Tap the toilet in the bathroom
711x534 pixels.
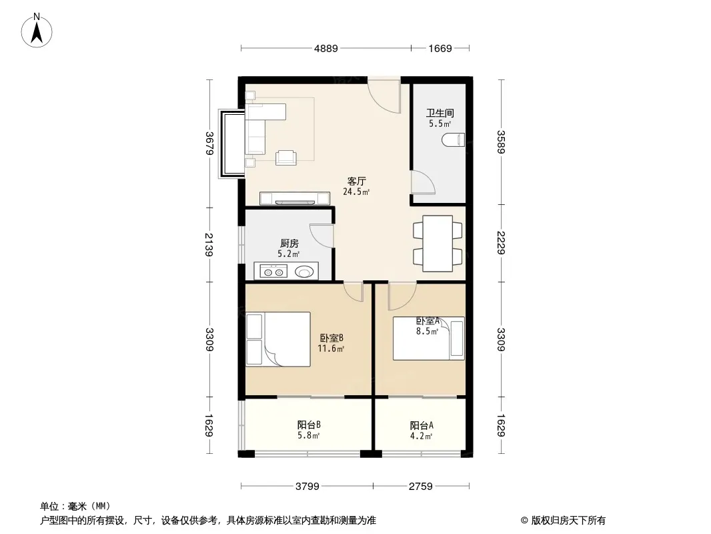coord(454,140)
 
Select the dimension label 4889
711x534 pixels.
coord(326,48)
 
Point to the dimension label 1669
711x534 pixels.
coord(440,48)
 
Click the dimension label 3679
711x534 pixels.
coord(209,143)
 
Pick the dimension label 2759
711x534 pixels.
coord(420,487)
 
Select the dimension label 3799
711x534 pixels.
coord(307,487)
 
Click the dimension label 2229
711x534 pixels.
coord(501,243)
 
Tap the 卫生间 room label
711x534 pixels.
coord(440,113)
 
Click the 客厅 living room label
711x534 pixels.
coord(356,182)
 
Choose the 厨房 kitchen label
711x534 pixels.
coord(289,244)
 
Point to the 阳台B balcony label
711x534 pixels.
coord(309,425)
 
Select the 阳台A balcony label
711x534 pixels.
coord(422,426)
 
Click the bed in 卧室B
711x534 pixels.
coord(278,339)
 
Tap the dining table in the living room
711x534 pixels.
coord(438,244)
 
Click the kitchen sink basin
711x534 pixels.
coord(303,272)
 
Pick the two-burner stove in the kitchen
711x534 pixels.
coord(273,272)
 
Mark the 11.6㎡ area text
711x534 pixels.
coord(331,348)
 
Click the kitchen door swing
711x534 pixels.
coord(321,236)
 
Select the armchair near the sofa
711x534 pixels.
coord(286,158)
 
